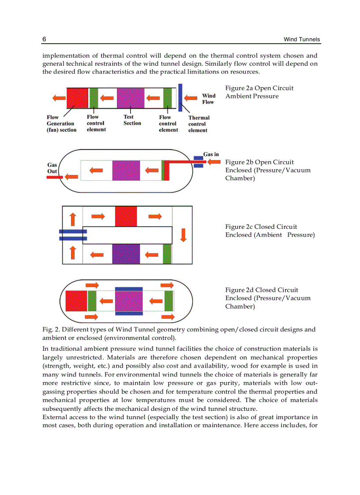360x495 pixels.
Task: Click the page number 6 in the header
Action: (44, 40)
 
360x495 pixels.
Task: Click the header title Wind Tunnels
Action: (302, 40)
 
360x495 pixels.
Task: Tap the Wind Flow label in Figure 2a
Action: (208, 99)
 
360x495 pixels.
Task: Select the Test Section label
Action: (132, 120)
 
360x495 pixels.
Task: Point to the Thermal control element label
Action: (199, 124)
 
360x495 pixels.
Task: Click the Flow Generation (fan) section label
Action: (61, 123)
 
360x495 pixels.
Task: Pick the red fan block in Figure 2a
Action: (77, 98)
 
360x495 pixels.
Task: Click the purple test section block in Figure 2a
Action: (131, 98)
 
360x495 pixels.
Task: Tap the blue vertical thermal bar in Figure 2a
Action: (180, 97)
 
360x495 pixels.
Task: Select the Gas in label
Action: (211, 154)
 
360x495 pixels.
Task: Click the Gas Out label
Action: (52, 168)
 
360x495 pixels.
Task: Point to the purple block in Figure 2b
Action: (126, 171)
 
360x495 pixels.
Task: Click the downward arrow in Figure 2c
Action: (183, 234)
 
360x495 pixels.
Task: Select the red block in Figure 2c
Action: (126, 216)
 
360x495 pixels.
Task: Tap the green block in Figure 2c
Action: (167, 254)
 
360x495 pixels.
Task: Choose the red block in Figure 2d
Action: (76, 301)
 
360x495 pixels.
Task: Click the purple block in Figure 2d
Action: (129, 301)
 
